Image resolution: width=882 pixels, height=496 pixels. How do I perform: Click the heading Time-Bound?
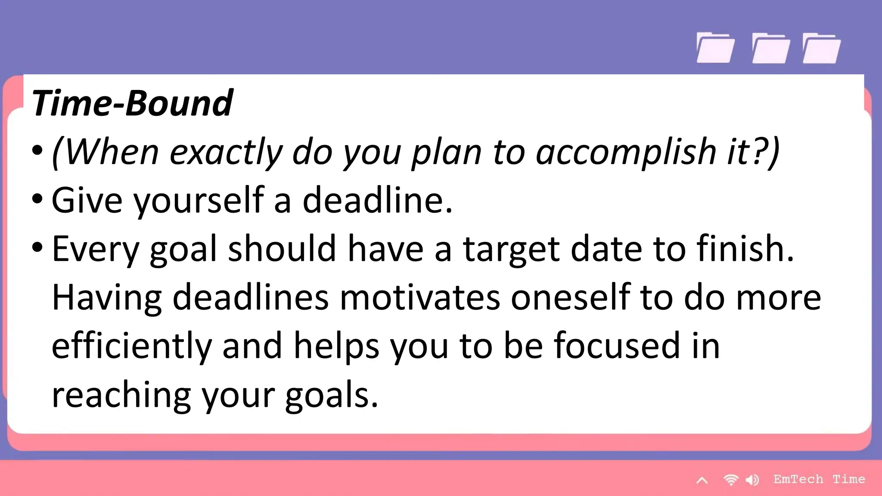point(132,103)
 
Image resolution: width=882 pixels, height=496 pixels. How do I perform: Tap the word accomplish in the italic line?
point(626,152)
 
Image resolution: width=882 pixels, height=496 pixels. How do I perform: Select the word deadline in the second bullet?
point(377,200)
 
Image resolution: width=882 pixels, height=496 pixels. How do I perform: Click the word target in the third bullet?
point(511,249)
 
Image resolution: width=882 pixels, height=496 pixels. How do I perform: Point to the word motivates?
point(420,297)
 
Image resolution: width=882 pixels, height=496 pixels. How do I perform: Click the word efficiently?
point(131,346)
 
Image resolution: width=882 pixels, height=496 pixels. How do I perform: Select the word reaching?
point(121,395)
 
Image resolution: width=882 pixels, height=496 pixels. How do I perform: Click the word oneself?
point(570,297)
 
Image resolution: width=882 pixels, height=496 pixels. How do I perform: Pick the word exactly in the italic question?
point(226,152)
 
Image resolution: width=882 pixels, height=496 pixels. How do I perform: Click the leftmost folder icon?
point(715,48)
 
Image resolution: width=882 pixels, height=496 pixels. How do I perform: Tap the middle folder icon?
point(770,48)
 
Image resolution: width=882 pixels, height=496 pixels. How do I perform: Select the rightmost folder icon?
point(821,48)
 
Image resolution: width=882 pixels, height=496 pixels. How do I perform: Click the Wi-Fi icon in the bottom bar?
point(731,480)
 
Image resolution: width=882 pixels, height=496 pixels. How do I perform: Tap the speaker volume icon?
point(752,480)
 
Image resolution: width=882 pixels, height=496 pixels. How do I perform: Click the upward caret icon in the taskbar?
point(702,480)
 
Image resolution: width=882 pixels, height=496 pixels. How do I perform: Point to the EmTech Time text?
point(819,479)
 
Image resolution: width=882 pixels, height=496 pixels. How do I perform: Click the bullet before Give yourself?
point(37,199)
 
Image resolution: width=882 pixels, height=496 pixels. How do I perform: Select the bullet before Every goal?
point(37,248)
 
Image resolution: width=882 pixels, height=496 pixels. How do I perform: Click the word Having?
point(106,297)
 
